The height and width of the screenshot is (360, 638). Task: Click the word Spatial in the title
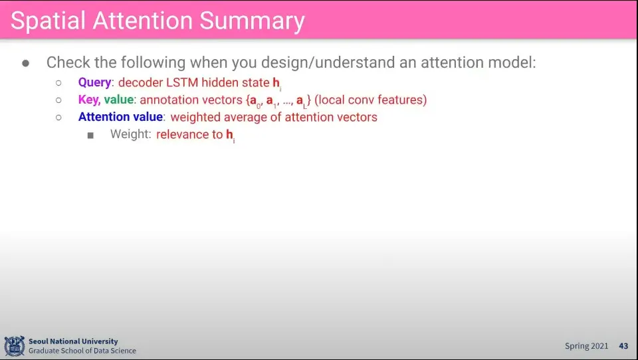(x=48, y=21)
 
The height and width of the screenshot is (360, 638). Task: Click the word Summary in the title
(x=253, y=22)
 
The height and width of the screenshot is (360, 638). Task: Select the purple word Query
(x=94, y=83)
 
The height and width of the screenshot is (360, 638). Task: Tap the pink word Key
(x=89, y=100)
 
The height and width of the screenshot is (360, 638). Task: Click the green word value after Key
(x=119, y=100)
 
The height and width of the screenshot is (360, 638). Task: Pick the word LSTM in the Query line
(x=182, y=82)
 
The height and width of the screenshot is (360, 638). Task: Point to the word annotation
(x=166, y=100)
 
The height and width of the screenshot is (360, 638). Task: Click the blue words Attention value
(x=120, y=117)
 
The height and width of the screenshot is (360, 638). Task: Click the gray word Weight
(x=129, y=134)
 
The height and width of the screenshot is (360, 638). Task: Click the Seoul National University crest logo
(x=15, y=346)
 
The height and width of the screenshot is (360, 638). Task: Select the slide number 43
(x=624, y=346)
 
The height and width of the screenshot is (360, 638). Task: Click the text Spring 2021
(x=586, y=346)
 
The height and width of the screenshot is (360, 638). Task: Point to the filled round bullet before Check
(x=26, y=63)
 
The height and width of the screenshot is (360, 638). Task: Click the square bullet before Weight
(x=90, y=135)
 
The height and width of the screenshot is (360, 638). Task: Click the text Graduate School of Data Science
(x=82, y=351)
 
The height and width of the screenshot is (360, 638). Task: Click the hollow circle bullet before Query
(x=58, y=83)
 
